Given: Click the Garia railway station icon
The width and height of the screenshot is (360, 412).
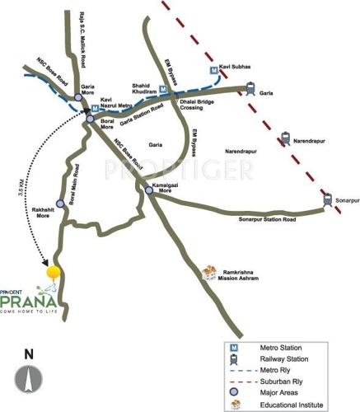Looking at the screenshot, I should point(249,87).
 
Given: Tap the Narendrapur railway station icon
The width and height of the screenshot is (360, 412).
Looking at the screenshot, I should point(286,139).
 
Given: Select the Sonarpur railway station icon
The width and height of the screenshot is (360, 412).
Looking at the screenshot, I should point(328,198).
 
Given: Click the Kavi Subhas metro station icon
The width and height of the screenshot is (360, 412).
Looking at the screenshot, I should point(214,71).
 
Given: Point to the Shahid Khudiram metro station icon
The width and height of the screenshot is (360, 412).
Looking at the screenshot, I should point(163,90).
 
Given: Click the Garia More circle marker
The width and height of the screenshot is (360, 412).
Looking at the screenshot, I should point(77,96).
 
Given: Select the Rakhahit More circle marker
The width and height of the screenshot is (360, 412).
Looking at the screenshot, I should point(58,203).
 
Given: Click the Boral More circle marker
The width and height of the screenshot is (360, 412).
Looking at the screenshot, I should point(91,120).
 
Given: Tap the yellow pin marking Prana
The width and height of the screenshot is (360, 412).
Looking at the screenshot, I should point(53,270).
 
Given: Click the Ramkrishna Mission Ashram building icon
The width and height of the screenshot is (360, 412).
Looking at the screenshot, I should point(211,272).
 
